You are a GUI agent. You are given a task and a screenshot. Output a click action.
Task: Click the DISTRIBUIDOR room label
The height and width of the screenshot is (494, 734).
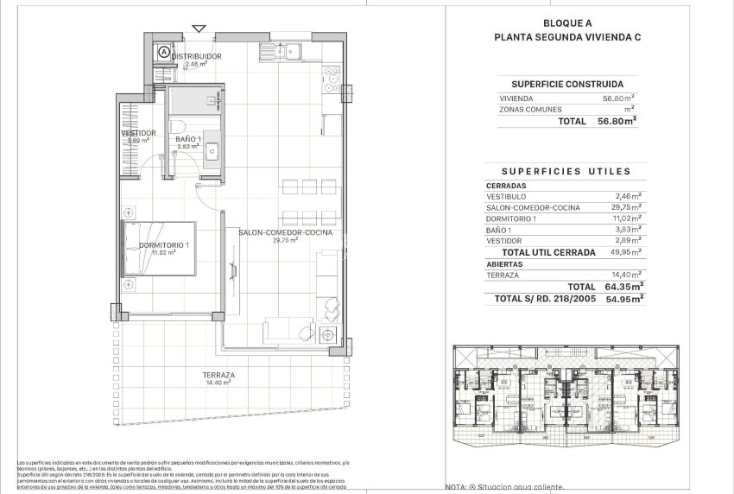[x=197, y=56]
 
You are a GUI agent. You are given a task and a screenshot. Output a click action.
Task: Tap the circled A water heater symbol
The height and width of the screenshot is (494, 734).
[x=163, y=53]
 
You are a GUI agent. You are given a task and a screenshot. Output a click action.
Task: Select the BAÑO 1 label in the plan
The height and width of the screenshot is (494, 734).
[x=188, y=139]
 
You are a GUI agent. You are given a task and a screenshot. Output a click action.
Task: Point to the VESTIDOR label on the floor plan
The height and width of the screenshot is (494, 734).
[x=138, y=133]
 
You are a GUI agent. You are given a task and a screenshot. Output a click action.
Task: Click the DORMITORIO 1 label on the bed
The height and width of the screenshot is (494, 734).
[x=163, y=246]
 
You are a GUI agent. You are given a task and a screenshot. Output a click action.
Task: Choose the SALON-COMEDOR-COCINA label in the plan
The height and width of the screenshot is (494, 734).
[x=286, y=233]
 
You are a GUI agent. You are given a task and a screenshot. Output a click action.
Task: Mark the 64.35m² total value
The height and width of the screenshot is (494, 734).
[x=619, y=286]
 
